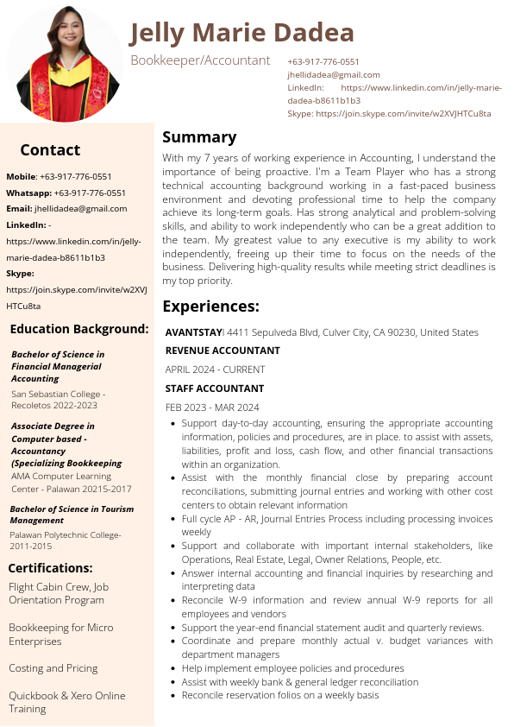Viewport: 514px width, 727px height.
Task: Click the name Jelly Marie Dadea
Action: click(241, 33)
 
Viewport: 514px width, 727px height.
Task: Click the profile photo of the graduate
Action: click(65, 62)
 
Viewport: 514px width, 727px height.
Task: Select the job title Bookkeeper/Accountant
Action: click(200, 60)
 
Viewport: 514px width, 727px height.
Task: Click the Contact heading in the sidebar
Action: click(50, 150)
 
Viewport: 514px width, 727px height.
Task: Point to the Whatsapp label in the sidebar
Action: click(28, 193)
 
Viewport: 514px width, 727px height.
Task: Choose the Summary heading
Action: click(199, 137)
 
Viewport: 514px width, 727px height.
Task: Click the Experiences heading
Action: click(210, 307)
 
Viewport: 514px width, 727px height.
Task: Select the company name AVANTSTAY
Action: click(193, 332)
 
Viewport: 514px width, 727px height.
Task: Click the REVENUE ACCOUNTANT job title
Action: click(223, 351)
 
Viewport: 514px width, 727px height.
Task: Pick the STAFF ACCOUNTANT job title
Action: click(215, 389)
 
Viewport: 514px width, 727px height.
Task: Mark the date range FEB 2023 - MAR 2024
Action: click(212, 408)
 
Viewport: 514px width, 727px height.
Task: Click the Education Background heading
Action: click(79, 329)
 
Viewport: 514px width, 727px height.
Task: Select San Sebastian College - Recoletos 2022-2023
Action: click(58, 399)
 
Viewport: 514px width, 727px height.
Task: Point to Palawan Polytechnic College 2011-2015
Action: click(66, 541)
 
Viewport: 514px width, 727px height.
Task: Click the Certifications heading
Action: click(50, 568)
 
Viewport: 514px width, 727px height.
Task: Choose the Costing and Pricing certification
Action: click(53, 668)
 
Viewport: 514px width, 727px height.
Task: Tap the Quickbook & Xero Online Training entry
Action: click(66, 702)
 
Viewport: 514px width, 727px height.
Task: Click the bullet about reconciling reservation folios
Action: click(279, 695)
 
